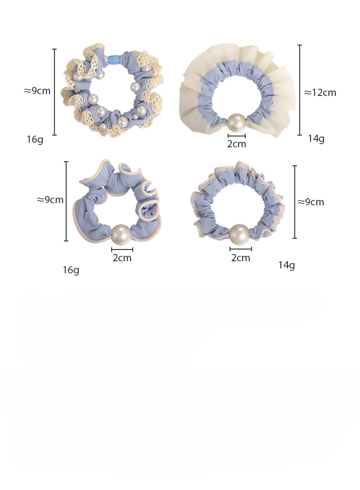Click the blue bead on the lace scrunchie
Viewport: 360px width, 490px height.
click(114, 60)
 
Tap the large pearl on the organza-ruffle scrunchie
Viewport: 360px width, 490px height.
click(236, 123)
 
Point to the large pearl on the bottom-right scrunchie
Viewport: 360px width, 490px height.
click(240, 234)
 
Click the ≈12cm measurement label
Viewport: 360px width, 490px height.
click(320, 93)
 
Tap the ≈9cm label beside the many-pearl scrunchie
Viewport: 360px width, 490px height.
click(37, 91)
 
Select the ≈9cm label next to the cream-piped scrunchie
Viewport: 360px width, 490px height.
click(50, 200)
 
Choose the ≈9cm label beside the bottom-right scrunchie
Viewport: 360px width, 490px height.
click(310, 202)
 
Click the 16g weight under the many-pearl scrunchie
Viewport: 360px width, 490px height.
click(35, 139)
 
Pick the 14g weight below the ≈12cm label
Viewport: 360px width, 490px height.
click(316, 138)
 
